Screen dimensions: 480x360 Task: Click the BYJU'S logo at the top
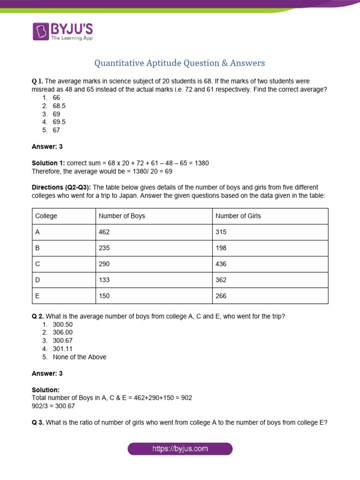click(62, 31)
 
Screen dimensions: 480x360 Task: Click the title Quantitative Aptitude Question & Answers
click(180, 63)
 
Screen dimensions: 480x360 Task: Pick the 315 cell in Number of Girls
click(221, 232)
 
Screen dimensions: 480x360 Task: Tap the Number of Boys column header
click(122, 216)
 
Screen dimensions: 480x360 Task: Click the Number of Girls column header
click(238, 216)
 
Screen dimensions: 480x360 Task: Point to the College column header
click(46, 216)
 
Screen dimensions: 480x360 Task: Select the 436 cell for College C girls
click(221, 264)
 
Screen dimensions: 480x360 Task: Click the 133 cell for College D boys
click(104, 280)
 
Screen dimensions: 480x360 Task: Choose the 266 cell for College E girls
click(221, 296)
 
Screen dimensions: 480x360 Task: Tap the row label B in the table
click(37, 248)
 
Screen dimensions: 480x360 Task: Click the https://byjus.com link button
click(180, 449)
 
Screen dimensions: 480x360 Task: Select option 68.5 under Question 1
click(59, 106)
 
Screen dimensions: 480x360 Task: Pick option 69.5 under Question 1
click(59, 122)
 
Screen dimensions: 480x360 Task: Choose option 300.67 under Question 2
click(63, 341)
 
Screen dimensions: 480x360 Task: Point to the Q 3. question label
click(37, 422)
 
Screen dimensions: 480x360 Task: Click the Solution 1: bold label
click(48, 163)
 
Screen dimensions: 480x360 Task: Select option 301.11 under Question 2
click(63, 349)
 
